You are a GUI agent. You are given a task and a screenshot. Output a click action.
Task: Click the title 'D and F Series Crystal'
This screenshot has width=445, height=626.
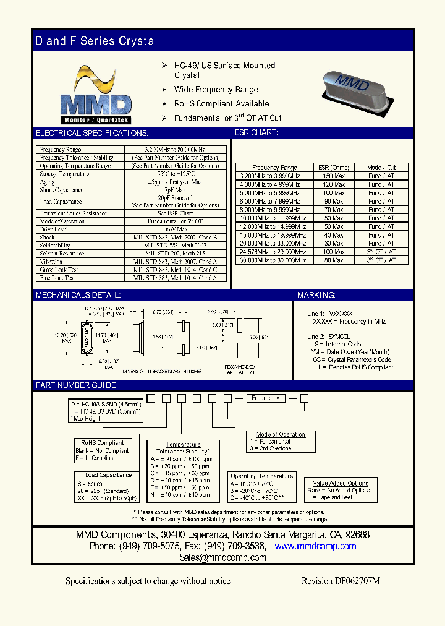click(96, 41)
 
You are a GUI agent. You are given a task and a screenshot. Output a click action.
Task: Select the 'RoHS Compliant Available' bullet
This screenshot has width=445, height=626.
click(221, 104)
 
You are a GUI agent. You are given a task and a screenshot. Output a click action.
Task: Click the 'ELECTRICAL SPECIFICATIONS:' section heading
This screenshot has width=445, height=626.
click(91, 133)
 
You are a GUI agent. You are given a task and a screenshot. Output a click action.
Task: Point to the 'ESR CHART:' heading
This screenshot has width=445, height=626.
click(256, 133)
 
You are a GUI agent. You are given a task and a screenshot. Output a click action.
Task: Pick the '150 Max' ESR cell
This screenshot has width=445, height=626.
click(334, 176)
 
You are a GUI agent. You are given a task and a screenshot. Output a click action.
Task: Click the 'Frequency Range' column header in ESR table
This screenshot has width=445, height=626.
click(274, 168)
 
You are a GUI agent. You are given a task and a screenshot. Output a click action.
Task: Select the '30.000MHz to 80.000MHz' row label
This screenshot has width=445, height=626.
click(274, 260)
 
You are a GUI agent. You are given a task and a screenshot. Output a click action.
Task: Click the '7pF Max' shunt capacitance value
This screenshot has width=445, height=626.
click(175, 191)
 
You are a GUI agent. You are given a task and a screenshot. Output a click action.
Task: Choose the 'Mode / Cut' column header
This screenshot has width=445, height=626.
click(381, 168)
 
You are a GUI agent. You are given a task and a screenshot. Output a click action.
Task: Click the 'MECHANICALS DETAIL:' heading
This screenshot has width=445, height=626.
click(78, 296)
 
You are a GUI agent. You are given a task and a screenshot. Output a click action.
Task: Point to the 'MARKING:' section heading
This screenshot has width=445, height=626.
click(316, 296)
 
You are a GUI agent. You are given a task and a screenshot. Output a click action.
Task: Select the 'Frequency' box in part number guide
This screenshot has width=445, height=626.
click(265, 398)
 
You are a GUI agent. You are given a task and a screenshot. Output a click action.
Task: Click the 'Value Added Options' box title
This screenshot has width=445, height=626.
click(341, 483)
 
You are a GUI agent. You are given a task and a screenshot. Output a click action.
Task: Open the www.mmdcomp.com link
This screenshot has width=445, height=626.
click(315, 546)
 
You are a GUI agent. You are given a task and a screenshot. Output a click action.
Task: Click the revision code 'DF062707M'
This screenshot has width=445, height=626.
click(358, 581)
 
